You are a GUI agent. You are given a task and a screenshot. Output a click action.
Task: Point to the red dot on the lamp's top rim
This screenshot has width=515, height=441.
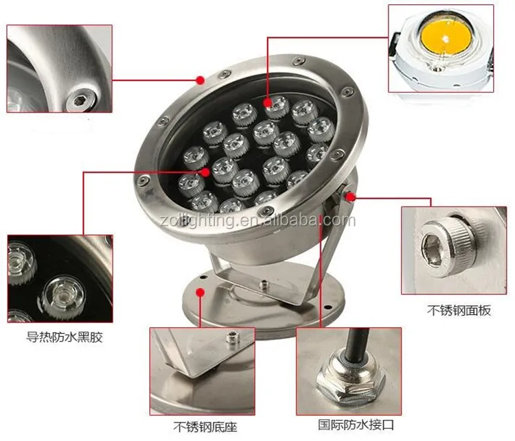(201, 80)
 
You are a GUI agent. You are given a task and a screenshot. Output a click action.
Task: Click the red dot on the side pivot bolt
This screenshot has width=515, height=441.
(351, 198)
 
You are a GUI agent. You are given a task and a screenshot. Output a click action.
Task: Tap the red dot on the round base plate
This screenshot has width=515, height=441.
(200, 292)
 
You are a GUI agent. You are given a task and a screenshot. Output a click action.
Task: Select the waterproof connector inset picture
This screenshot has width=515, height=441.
(348, 370)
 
